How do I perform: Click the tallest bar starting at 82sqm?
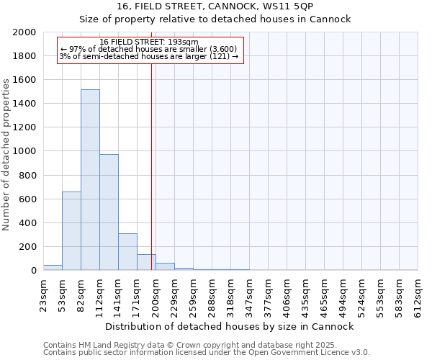[90, 180]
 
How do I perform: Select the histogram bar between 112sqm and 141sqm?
[109, 212]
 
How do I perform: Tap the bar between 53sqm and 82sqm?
[71, 231]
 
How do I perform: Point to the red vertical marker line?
[151, 166]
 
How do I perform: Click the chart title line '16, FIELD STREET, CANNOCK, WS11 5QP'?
[215, 6]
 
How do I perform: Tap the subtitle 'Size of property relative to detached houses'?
[215, 19]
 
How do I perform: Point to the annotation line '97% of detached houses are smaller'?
[149, 49]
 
